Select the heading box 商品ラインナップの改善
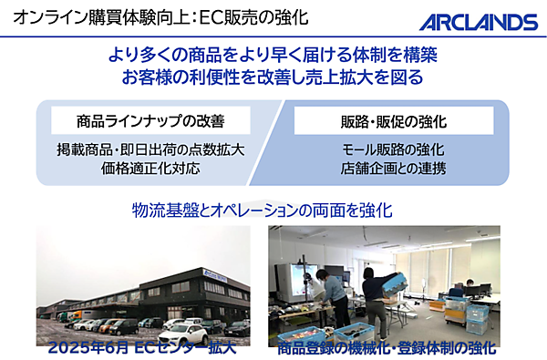pyautogui.click(x=150, y=119)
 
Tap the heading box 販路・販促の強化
pyautogui.click(x=393, y=120)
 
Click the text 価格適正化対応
pyautogui.click(x=150, y=169)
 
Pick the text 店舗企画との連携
pyautogui.click(x=393, y=169)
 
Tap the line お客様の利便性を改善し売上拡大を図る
pyautogui.click(x=273, y=77)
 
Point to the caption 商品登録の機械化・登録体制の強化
pyautogui.click(x=387, y=347)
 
